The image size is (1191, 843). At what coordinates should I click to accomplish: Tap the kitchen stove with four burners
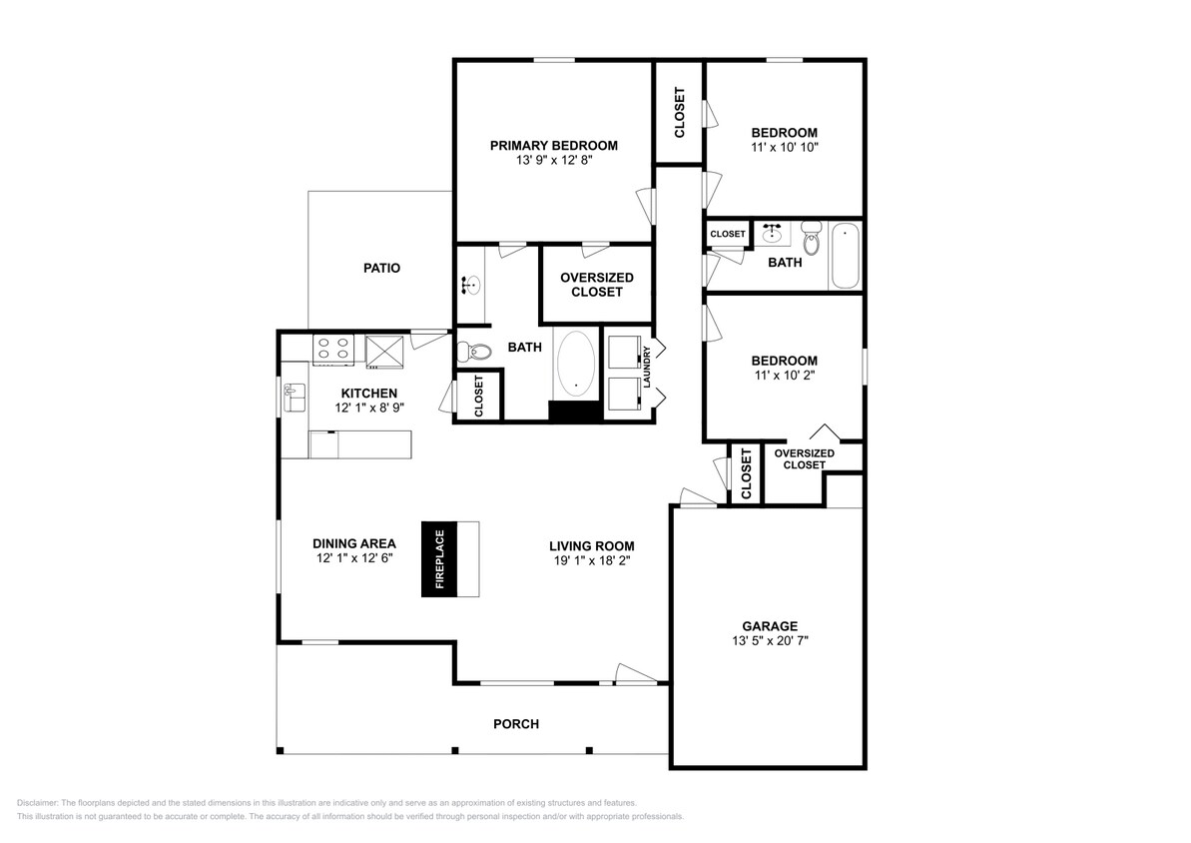(333, 349)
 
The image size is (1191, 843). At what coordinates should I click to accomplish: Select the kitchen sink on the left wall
(295, 397)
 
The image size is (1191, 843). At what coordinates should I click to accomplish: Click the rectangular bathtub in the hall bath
(845, 256)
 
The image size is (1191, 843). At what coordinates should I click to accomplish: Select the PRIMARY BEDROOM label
(553, 146)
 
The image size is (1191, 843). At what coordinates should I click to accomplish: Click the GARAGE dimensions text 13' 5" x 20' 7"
(769, 641)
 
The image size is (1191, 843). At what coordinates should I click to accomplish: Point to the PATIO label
(381, 268)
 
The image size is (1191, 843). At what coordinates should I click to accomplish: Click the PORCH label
(516, 724)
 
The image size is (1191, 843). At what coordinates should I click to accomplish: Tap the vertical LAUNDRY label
(648, 367)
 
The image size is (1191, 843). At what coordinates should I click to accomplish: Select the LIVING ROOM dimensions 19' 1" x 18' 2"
(591, 560)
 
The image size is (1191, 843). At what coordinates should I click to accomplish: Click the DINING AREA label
(353, 544)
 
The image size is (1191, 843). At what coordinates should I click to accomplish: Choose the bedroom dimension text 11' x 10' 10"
(784, 147)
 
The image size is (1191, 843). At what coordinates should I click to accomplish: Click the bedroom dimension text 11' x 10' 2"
(784, 376)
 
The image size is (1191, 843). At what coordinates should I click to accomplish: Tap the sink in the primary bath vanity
(469, 285)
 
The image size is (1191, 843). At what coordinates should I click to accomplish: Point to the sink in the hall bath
(772, 235)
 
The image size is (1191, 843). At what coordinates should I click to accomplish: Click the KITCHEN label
(369, 394)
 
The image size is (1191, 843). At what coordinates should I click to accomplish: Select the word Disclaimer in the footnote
(38, 803)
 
